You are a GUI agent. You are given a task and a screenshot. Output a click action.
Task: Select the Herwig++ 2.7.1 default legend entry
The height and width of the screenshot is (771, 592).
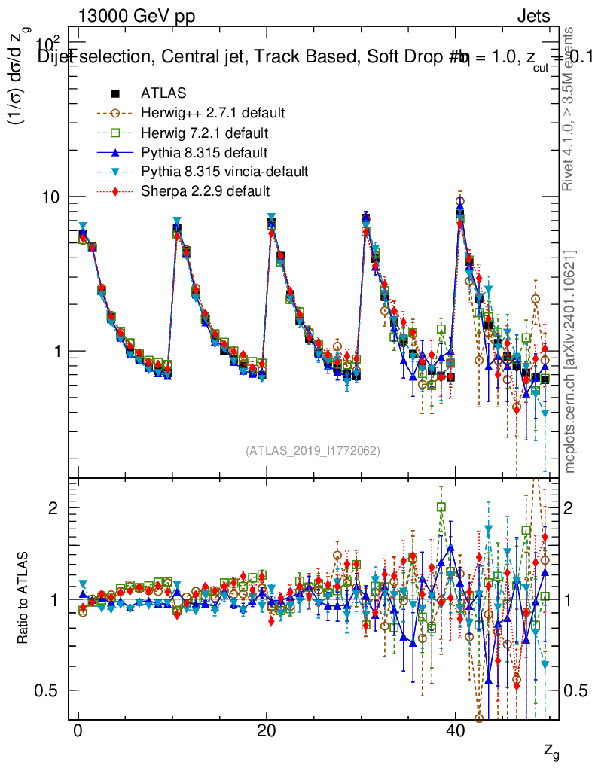212,113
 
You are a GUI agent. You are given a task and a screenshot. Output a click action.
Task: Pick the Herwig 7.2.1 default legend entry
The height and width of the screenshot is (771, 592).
205,133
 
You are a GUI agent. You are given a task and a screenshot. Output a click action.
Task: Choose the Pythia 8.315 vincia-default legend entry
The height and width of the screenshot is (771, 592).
224,172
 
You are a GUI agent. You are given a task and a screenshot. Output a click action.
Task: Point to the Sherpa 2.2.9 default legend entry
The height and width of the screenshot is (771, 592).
205,191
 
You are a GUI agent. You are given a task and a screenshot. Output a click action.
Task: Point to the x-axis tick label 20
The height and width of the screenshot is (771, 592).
266,733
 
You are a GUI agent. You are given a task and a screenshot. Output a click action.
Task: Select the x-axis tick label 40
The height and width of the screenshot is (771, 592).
454,733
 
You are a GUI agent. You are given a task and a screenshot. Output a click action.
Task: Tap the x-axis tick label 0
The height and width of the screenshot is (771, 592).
78,733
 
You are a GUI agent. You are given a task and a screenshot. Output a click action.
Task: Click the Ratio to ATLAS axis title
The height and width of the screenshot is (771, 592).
23,599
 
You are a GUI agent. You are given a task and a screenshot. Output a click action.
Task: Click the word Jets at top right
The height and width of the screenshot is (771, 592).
532,16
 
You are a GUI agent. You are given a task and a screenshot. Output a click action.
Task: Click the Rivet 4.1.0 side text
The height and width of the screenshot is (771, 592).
571,109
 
